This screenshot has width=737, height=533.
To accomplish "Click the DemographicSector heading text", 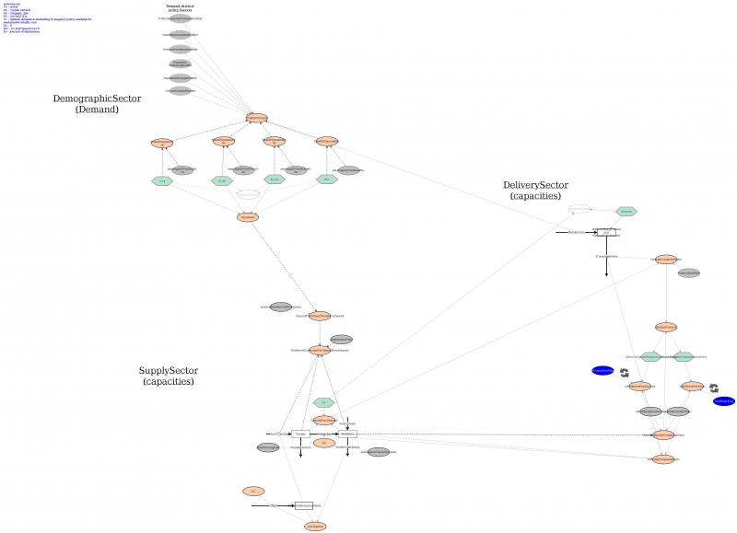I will click(x=97, y=103).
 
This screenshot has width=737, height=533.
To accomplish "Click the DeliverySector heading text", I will click(x=539, y=190).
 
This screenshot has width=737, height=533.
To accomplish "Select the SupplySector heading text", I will click(x=173, y=376).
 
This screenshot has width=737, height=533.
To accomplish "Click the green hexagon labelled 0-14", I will click(x=162, y=181).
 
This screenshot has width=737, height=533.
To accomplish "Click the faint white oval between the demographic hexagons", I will click(x=249, y=194).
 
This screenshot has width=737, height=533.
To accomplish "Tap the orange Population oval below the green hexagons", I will click(x=248, y=217).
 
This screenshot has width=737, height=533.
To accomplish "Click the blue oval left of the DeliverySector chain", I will click(x=602, y=370).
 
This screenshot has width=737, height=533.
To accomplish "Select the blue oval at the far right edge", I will click(x=724, y=400).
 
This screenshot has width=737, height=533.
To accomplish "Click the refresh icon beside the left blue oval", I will click(x=624, y=373).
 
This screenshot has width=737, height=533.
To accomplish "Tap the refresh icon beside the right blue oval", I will click(x=713, y=388).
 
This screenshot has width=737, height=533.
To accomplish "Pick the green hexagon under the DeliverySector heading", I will click(x=626, y=212).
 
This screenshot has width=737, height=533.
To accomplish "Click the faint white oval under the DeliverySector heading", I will click(x=579, y=209).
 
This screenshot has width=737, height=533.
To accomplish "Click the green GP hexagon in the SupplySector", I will click(x=322, y=402).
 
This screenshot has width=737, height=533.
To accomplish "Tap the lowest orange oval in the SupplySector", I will click(x=315, y=526).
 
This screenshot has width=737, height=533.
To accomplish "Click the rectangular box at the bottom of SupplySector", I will click(x=304, y=505).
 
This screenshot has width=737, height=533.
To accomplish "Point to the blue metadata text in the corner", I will click(x=28, y=17).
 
